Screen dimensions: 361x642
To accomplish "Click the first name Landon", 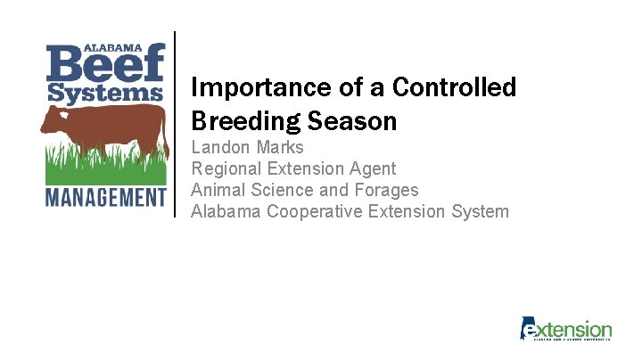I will [x=220, y=147].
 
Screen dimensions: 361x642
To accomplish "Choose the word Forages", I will [x=383, y=190].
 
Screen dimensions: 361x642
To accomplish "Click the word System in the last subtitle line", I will [x=479, y=211].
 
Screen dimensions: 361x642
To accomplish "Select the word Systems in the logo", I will [x=105, y=94].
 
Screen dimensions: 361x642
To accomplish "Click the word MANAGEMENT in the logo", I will [x=105, y=196].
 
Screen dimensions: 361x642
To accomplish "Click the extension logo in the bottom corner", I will [x=566, y=329].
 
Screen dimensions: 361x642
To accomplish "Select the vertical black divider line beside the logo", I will [x=175, y=124].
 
